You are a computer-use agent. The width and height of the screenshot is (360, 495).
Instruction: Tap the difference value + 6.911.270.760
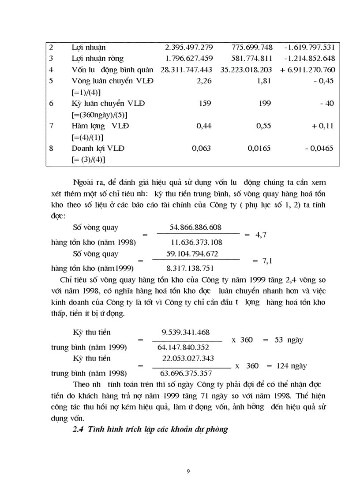(307, 70)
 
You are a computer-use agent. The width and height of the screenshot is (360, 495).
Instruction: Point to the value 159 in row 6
(205, 104)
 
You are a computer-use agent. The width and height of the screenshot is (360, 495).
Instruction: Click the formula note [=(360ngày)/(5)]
(100, 115)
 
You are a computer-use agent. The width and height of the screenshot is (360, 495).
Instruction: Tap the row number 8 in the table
(51, 149)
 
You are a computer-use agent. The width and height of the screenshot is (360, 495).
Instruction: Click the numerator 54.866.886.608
(195, 227)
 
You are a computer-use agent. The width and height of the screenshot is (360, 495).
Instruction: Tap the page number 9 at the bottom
(188, 472)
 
